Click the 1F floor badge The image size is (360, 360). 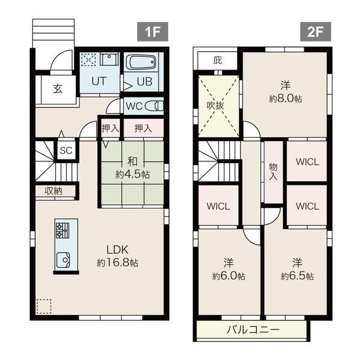[152, 32]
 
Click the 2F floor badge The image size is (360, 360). [316, 32]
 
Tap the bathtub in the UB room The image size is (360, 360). [141, 62]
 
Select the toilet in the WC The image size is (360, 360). [154, 106]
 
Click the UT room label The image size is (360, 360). [99, 81]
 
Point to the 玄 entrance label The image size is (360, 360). [58, 88]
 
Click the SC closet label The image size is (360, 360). [66, 151]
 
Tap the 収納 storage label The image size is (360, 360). [53, 191]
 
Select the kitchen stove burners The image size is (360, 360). [62, 230]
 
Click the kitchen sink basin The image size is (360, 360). [63, 260]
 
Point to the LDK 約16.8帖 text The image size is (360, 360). [118, 256]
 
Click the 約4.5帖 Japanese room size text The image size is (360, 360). [133, 175]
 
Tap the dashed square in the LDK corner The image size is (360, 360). [44, 306]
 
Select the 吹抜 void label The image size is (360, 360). [215, 106]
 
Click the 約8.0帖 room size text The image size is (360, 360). [286, 99]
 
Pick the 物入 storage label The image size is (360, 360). [273, 172]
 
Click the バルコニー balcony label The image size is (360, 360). [253, 330]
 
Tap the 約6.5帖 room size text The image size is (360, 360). [297, 276]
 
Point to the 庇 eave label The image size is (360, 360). [218, 60]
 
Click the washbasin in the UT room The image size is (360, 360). [110, 59]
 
